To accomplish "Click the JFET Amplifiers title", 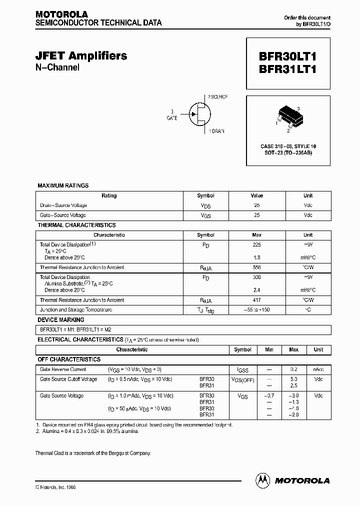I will [x=81, y=56].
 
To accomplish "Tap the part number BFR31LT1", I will [x=287, y=70].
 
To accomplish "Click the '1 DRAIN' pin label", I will [x=215, y=131].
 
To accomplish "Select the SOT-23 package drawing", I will [x=288, y=117].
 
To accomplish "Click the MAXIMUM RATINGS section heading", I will [x=63, y=185].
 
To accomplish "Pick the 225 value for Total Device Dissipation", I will [x=257, y=245].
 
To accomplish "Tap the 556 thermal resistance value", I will [x=257, y=267].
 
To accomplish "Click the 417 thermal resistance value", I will [x=257, y=300].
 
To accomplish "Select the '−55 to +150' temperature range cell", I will [x=257, y=310].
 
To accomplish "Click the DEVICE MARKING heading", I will [x=61, y=319].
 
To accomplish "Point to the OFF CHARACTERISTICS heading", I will [x=69, y=359].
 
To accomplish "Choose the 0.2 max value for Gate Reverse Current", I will [x=294, y=369].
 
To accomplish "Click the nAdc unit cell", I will [x=318, y=369].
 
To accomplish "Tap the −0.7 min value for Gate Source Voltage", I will [x=269, y=396].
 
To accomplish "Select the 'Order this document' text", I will [x=307, y=17].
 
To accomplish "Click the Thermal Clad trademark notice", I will [x=92, y=453].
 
